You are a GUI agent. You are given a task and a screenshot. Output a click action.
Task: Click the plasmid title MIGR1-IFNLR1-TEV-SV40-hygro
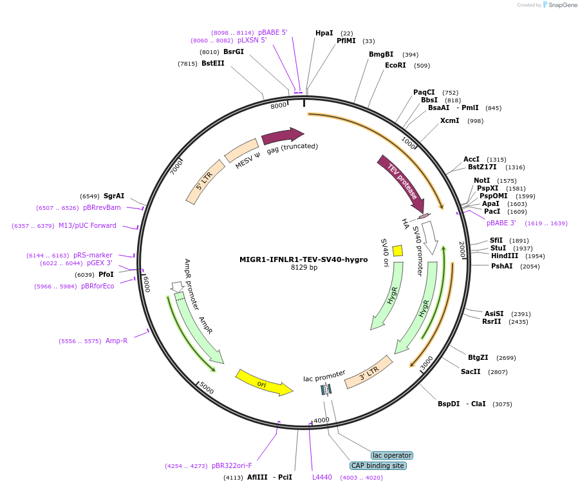tap(303, 259)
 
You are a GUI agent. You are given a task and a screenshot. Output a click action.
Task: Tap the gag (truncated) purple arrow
tap(282, 136)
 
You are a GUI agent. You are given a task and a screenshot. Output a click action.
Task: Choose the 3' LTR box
tap(369, 373)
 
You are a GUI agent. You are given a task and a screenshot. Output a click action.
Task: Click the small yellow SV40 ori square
tap(398, 250)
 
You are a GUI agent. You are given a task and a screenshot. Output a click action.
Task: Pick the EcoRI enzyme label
tap(395, 65)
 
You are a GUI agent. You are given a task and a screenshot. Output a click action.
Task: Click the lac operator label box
tap(391, 455)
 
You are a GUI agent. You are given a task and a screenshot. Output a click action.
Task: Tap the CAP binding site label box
tap(379, 465)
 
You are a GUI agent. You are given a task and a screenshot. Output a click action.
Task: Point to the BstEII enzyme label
tap(213, 63)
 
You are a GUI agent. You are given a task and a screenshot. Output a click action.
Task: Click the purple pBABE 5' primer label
tap(273, 32)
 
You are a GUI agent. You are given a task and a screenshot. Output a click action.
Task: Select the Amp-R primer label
tap(117, 341)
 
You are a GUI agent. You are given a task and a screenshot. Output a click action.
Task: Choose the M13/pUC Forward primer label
tap(88, 225)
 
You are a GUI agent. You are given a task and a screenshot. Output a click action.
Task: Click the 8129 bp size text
tap(304, 268)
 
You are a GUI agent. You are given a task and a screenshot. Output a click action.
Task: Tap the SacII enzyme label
tap(471, 371)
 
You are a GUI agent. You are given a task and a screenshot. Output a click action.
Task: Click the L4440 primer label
tap(322, 477)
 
